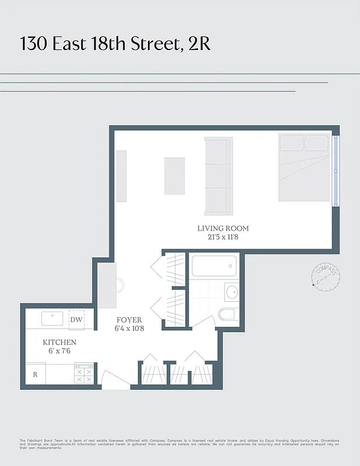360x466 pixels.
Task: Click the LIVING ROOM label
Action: tap(223, 229)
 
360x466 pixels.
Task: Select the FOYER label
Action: tap(129, 320)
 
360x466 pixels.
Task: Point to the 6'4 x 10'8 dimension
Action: tap(129, 329)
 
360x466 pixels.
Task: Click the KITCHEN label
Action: tap(59, 343)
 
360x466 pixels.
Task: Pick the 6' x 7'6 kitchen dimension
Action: tap(59, 351)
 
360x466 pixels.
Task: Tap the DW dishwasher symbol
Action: tap(76, 319)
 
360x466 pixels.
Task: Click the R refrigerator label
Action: tap(35, 375)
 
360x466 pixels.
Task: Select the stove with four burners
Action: tap(83, 374)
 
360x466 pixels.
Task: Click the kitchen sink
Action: tap(52, 319)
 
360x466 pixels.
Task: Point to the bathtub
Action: tap(214, 267)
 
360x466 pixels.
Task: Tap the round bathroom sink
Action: tap(231, 291)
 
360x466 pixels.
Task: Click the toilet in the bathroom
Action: tap(227, 315)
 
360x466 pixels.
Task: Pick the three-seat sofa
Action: tap(218, 175)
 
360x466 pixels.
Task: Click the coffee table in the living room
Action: tap(175, 176)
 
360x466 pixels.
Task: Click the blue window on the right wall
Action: tap(335, 171)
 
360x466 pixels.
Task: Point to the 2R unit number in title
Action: tap(199, 44)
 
